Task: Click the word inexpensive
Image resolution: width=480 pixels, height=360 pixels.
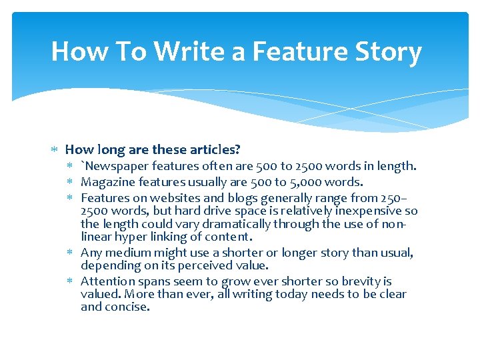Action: tap(370, 211)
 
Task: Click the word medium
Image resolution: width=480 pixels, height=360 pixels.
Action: tap(127, 253)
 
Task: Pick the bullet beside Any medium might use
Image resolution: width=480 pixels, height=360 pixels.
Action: tap(70, 253)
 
